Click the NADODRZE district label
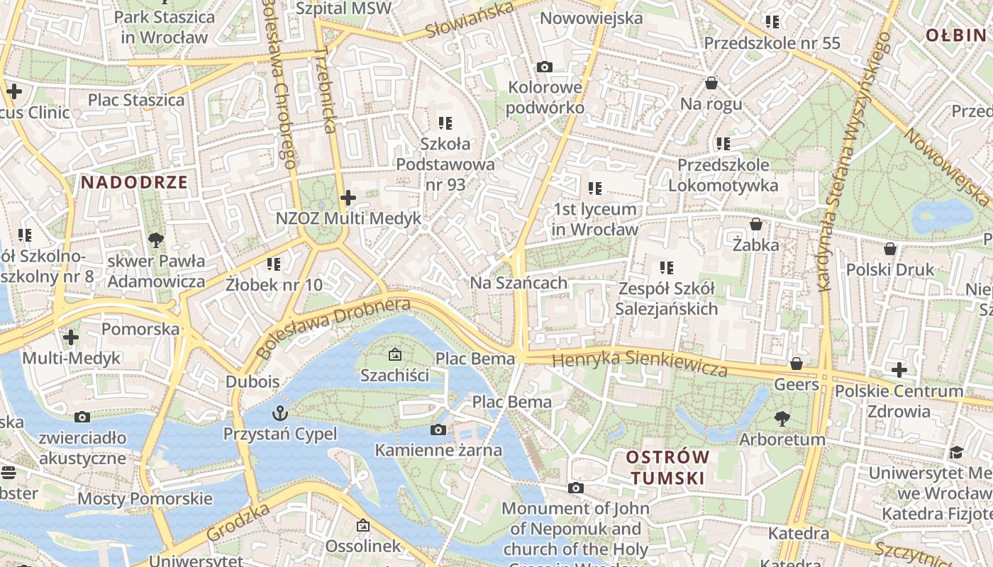pos(134,182)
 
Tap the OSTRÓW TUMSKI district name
pos(667,467)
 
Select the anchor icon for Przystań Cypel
pos(280,412)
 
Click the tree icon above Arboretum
pos(782,418)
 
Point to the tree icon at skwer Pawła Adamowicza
pos(156,240)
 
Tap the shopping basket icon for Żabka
pos(756,224)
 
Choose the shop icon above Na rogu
pos(711,83)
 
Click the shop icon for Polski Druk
pos(890,249)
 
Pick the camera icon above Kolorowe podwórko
pos(545,67)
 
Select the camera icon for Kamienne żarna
pos(438,430)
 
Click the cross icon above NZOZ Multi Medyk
pos(348,198)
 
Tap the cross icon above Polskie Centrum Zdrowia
pos(899,369)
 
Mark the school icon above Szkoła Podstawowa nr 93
pos(445,123)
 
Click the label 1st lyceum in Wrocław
pos(594,219)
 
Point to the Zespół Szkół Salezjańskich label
pos(666,298)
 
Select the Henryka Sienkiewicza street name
pos(640,363)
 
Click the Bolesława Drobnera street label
pos(333,327)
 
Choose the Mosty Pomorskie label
pos(145,498)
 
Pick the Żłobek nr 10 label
pos(274,285)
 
